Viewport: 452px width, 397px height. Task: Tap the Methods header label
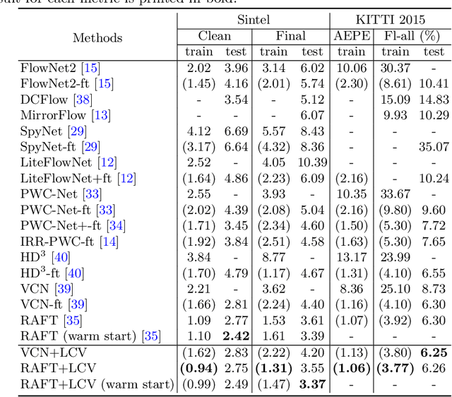tap(97, 37)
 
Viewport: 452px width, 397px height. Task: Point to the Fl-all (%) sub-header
tap(414, 35)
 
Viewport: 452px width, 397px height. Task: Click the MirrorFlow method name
tap(54, 114)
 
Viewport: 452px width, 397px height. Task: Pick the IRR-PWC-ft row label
tap(60, 242)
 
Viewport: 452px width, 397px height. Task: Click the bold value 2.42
tap(235, 337)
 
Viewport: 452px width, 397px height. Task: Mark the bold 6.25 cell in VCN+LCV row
tap(433, 352)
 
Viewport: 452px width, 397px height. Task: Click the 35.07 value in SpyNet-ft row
tap(433, 146)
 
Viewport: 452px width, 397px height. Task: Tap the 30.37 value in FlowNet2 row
tap(395, 67)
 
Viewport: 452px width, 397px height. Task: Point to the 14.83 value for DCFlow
tap(433, 99)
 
